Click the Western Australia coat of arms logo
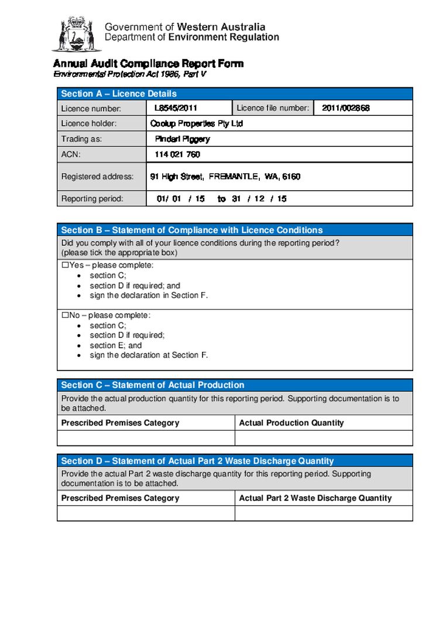(77, 33)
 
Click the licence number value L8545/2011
(176, 108)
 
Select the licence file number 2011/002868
(345, 108)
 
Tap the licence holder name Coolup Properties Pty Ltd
(196, 124)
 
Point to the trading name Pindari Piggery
(182, 139)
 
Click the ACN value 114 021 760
(177, 155)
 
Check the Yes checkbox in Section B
(66, 265)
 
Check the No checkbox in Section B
(66, 315)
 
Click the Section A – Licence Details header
(119, 94)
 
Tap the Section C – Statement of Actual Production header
(152, 385)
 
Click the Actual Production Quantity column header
(291, 423)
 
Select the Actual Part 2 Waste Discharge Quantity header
(315, 498)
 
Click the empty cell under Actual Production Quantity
(323, 438)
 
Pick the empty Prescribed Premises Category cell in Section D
(146, 513)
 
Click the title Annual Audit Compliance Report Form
(148, 64)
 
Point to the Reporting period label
(92, 199)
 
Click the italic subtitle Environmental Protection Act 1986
(129, 75)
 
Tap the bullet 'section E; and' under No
(115, 345)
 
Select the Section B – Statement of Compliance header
(191, 230)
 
